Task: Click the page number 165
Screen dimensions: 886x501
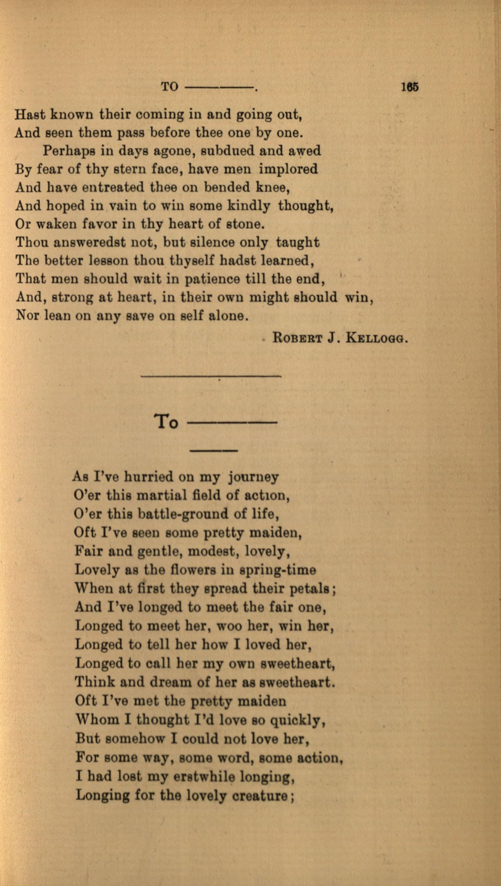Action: (x=409, y=87)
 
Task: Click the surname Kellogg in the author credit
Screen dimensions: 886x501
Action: (x=376, y=338)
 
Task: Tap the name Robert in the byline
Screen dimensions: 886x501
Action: (x=297, y=338)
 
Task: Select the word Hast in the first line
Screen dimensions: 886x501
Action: (x=30, y=114)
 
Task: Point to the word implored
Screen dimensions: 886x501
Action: (x=288, y=169)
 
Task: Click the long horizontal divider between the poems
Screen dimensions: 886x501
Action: (x=211, y=376)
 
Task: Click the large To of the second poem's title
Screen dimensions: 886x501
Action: (x=166, y=421)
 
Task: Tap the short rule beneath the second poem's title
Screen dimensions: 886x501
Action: (x=213, y=451)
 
